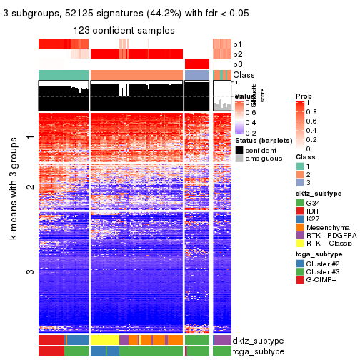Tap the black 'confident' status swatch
[239, 151]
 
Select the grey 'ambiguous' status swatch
[239, 160]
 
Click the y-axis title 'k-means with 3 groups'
[14, 226]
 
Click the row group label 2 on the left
[29, 187]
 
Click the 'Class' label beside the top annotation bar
[244, 75]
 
